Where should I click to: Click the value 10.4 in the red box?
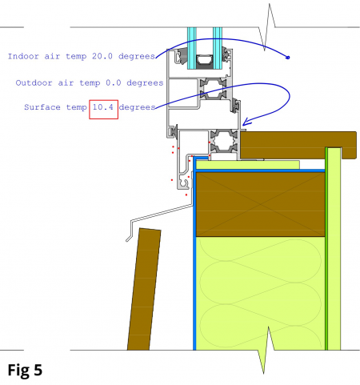[103, 107]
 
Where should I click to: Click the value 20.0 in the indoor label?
[102, 56]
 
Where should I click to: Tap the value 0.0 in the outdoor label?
[114, 82]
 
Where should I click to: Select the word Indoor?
[23, 56]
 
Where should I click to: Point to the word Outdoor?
[34, 82]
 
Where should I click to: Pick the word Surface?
[42, 107]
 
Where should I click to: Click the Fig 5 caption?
[25, 370]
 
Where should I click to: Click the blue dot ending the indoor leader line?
[288, 58]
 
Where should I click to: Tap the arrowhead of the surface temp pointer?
[246, 122]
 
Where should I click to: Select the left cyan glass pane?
[191, 48]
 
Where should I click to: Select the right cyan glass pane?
[218, 48]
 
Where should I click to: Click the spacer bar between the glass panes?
[205, 62]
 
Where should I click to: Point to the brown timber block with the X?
[261, 204]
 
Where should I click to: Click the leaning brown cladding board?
[144, 289]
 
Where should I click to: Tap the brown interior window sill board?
[298, 145]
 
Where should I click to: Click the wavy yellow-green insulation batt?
[261, 293]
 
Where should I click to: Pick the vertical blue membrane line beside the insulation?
[194, 254]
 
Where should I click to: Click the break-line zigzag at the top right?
[267, 27]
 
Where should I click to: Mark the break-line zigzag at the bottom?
[266, 350]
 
